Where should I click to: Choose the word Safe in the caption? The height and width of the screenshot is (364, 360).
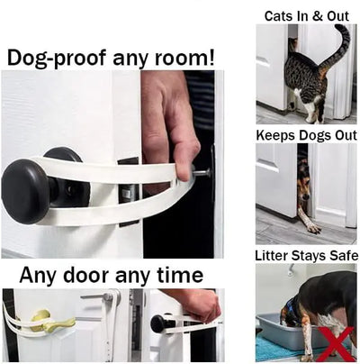[x=339, y=255]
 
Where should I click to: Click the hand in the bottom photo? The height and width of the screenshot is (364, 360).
[x=194, y=303]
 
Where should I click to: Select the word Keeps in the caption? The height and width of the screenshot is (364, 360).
[x=277, y=135]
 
